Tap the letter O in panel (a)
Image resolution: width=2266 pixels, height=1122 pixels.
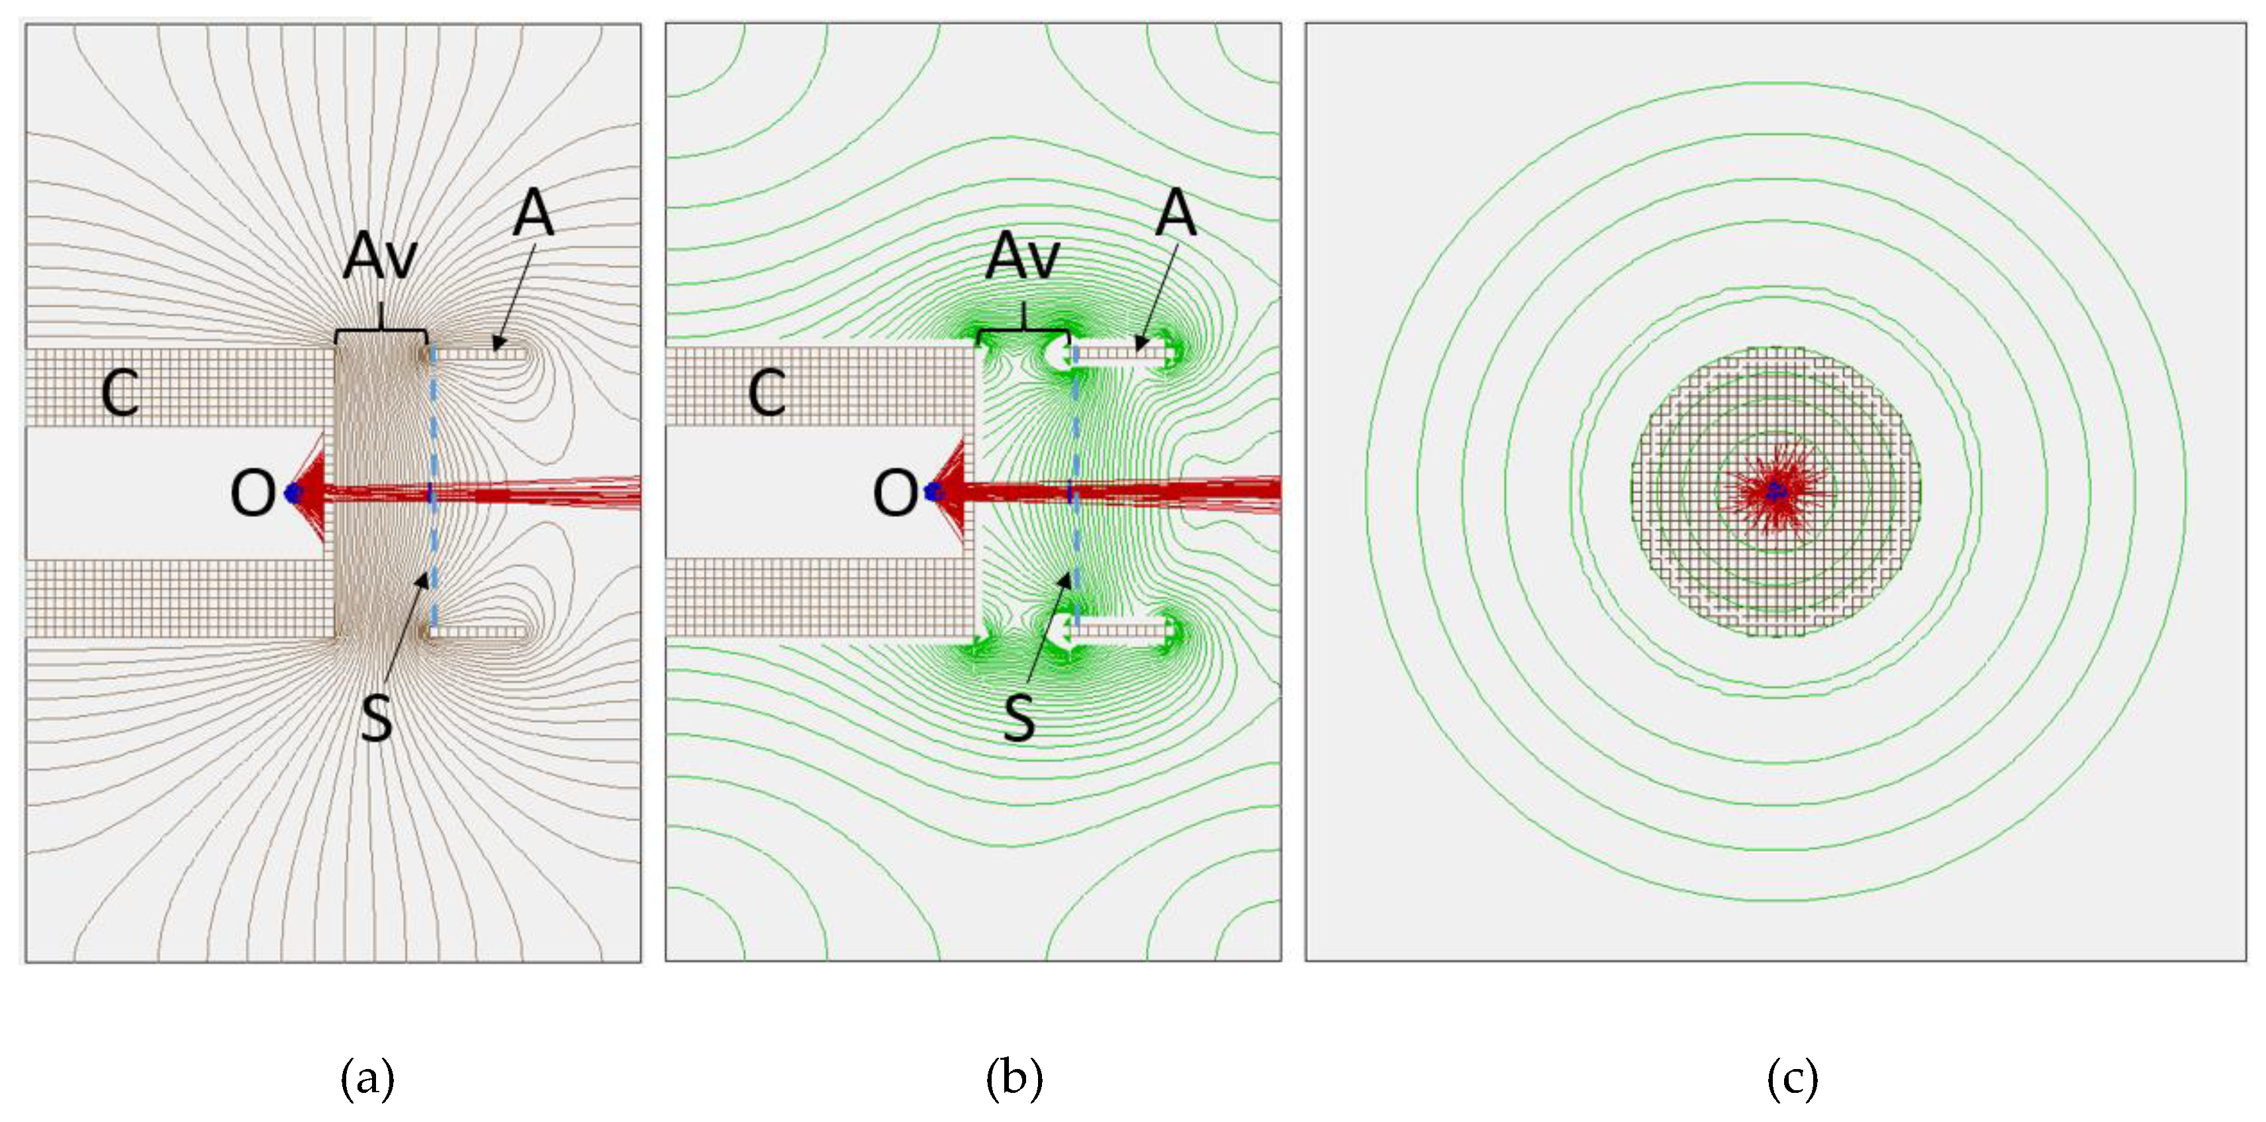click(x=252, y=493)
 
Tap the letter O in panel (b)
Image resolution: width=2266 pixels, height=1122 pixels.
click(x=896, y=493)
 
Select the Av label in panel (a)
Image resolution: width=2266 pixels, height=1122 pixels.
click(x=379, y=257)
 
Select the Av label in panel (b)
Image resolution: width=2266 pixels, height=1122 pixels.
click(x=1022, y=257)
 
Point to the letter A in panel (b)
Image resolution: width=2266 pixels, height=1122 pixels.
click(x=1176, y=214)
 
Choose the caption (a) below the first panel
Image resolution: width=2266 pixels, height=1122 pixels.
click(x=367, y=1078)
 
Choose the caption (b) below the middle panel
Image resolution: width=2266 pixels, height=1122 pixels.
click(x=1014, y=1078)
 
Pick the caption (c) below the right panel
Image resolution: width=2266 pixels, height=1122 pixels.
click(x=1792, y=1078)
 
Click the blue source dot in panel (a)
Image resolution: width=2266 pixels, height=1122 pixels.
click(x=293, y=493)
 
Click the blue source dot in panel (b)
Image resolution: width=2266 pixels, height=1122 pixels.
click(x=933, y=493)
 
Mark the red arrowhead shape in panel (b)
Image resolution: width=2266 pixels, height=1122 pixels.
click(x=955, y=492)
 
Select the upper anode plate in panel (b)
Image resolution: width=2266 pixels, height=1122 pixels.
click(x=1121, y=354)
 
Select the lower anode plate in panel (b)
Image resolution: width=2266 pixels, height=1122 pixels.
click(x=1121, y=630)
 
